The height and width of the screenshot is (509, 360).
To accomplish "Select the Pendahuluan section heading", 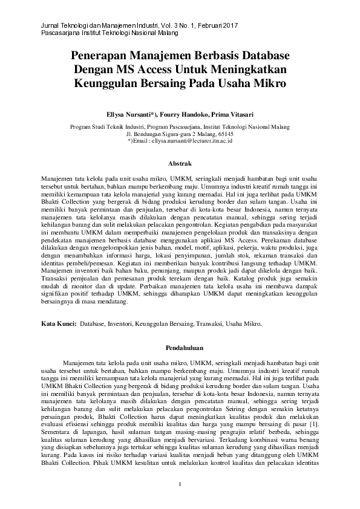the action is click(x=180, y=348).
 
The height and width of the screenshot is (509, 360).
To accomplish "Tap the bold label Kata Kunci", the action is click(x=58, y=324).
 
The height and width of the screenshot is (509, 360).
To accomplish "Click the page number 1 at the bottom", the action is click(x=180, y=485).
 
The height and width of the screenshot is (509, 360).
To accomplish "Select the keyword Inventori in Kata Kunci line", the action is click(x=121, y=324).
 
